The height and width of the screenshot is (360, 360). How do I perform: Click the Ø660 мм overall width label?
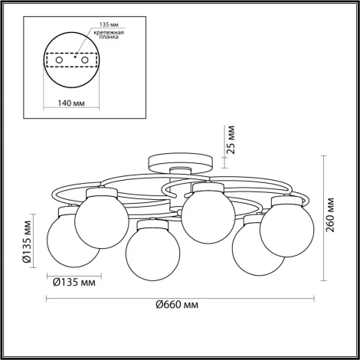tap(177, 304)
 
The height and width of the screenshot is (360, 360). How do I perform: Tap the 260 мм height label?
tap(330, 214)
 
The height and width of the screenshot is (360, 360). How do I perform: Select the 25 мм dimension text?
tap(231, 139)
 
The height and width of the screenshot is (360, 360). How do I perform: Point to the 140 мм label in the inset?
tap(71, 103)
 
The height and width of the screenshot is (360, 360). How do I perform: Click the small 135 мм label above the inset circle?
tap(109, 25)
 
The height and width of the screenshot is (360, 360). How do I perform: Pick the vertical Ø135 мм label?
tap(27, 241)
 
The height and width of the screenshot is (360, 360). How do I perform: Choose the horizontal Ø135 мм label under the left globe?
tap(74, 283)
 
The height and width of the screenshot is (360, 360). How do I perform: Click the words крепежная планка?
tap(109, 34)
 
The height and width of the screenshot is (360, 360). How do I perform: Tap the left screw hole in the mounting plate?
tap(59, 61)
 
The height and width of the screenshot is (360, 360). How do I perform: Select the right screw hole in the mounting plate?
tap(85, 61)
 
